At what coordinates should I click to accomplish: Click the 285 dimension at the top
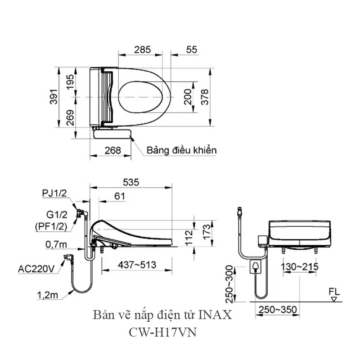[x=142, y=50]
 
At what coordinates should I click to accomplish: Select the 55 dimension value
[x=191, y=50]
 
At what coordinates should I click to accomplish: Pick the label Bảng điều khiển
[x=181, y=150]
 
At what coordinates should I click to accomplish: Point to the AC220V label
[x=36, y=269]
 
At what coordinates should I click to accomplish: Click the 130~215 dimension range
[x=300, y=266]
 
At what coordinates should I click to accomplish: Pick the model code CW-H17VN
[x=163, y=333]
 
